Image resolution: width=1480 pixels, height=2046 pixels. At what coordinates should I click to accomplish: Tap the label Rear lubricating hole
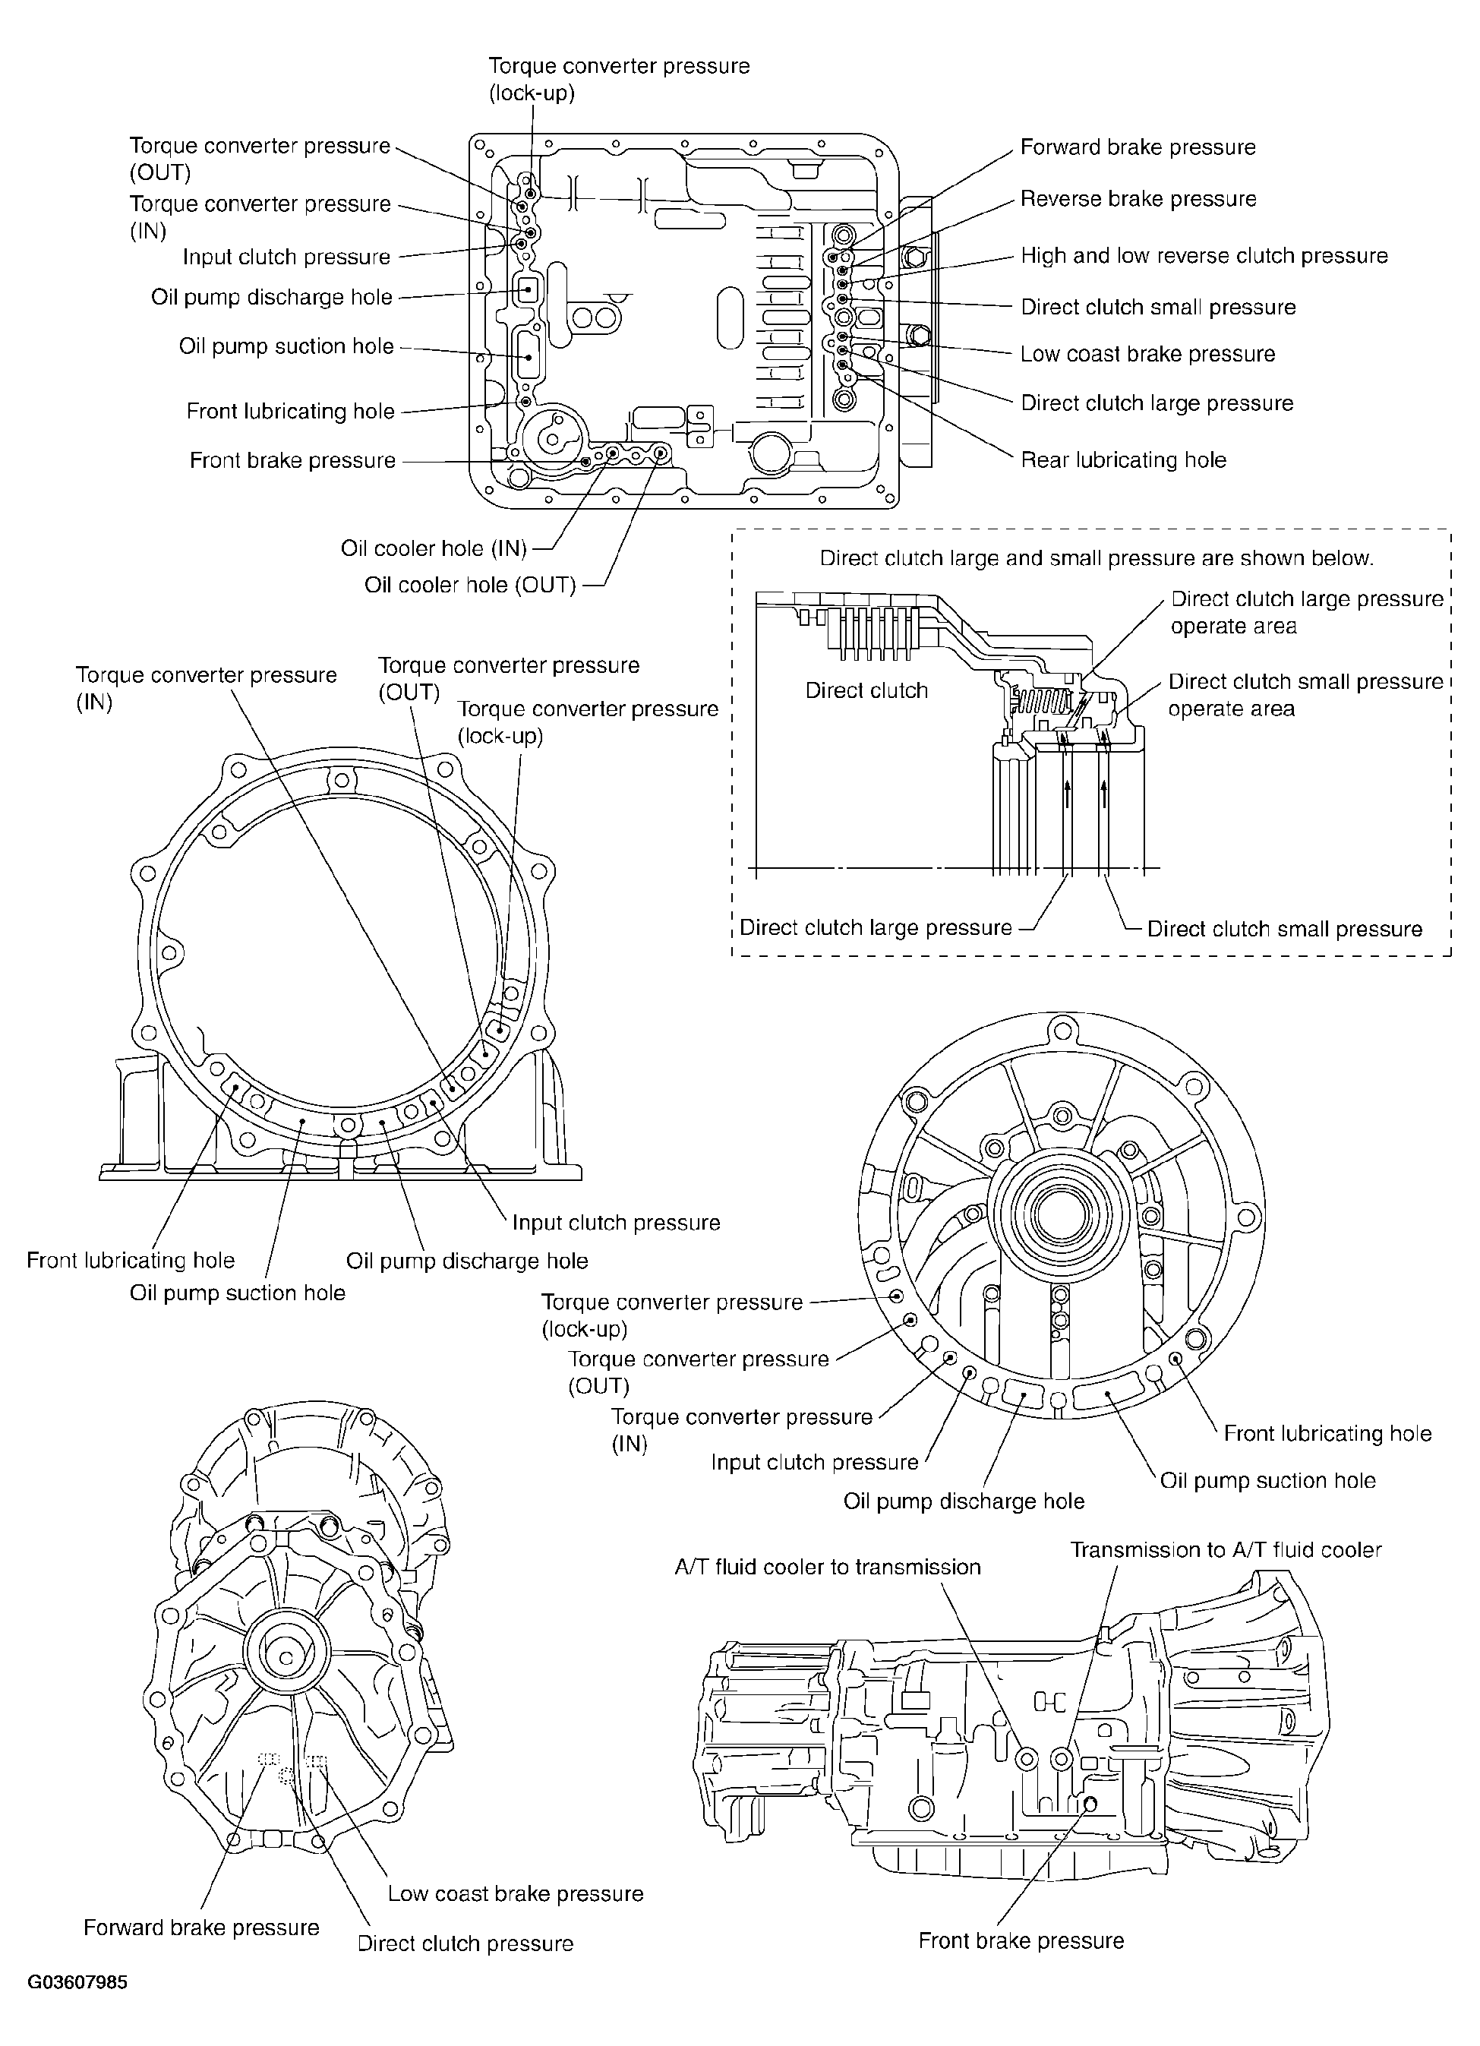click(1123, 460)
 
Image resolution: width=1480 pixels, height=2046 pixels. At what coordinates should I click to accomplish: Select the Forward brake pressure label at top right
click(1138, 147)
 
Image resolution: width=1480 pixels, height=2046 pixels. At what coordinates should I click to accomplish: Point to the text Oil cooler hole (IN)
click(434, 548)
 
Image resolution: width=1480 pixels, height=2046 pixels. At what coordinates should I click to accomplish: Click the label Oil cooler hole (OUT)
click(470, 586)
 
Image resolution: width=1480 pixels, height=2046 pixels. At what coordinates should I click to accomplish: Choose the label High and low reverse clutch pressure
click(1204, 256)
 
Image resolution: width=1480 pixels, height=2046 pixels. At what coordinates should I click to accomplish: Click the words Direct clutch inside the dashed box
click(866, 691)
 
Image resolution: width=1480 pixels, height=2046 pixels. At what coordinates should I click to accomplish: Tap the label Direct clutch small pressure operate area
click(1306, 695)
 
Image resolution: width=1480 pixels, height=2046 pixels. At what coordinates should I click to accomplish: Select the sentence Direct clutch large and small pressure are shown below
click(1097, 558)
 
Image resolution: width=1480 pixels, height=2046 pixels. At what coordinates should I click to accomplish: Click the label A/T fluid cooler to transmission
click(827, 1567)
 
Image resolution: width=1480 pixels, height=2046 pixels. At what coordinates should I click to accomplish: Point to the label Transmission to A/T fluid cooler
click(1226, 1550)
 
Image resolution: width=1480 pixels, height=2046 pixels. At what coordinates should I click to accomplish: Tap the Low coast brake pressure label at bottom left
click(515, 1893)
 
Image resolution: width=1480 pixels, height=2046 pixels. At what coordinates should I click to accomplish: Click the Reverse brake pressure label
click(1138, 198)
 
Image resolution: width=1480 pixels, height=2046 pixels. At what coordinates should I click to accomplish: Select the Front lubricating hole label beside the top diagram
click(290, 412)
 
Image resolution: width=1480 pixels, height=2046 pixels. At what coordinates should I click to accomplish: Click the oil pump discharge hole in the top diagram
click(527, 290)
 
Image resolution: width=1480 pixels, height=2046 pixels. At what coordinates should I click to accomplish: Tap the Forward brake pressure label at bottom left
click(201, 1928)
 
